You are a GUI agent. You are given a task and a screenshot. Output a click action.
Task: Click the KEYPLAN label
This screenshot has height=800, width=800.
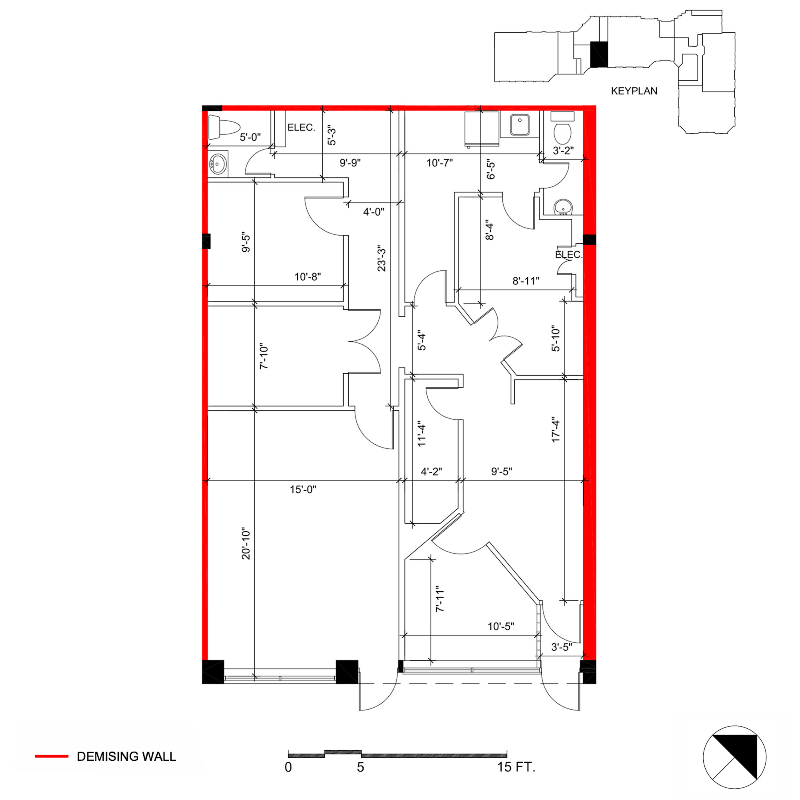pyautogui.click(x=634, y=91)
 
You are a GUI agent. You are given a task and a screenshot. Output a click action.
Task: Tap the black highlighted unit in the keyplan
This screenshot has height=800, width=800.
pyautogui.click(x=599, y=55)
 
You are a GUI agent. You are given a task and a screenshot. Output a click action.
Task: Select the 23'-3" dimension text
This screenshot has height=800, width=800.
pyautogui.click(x=381, y=258)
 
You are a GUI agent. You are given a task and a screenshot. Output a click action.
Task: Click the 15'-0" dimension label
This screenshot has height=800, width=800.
pyautogui.click(x=303, y=490)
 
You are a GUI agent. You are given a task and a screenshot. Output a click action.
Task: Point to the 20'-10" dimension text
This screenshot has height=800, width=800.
pyautogui.click(x=246, y=544)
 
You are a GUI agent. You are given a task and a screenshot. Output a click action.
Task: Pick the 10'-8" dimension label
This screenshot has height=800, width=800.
pyautogui.click(x=307, y=277)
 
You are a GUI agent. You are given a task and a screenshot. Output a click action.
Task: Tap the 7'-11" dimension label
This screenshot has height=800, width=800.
pyautogui.click(x=440, y=599)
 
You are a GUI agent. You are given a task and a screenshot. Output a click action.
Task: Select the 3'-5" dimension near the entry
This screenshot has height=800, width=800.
pyautogui.click(x=562, y=647)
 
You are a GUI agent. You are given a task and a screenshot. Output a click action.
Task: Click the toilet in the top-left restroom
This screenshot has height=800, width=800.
pyautogui.click(x=224, y=127)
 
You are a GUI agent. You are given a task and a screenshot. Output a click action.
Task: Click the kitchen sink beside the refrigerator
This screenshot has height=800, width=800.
pyautogui.click(x=520, y=125)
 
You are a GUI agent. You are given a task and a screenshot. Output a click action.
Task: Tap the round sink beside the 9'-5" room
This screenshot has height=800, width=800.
pyautogui.click(x=218, y=164)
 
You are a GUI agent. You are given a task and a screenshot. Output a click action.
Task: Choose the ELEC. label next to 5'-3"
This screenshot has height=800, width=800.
pyautogui.click(x=301, y=128)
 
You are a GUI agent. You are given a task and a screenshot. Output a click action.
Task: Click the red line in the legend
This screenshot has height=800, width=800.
pyautogui.click(x=51, y=756)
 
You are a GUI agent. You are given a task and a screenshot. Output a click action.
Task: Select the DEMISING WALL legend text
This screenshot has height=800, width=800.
pyautogui.click(x=126, y=756)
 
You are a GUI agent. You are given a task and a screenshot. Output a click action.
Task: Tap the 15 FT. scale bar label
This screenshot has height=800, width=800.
pyautogui.click(x=516, y=767)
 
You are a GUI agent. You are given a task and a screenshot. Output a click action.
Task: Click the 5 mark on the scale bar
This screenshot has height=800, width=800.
pyautogui.click(x=361, y=767)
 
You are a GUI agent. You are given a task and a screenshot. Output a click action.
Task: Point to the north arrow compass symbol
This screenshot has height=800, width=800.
pyautogui.click(x=734, y=757)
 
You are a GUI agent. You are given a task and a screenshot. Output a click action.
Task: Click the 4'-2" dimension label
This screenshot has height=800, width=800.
pyautogui.click(x=432, y=471)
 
